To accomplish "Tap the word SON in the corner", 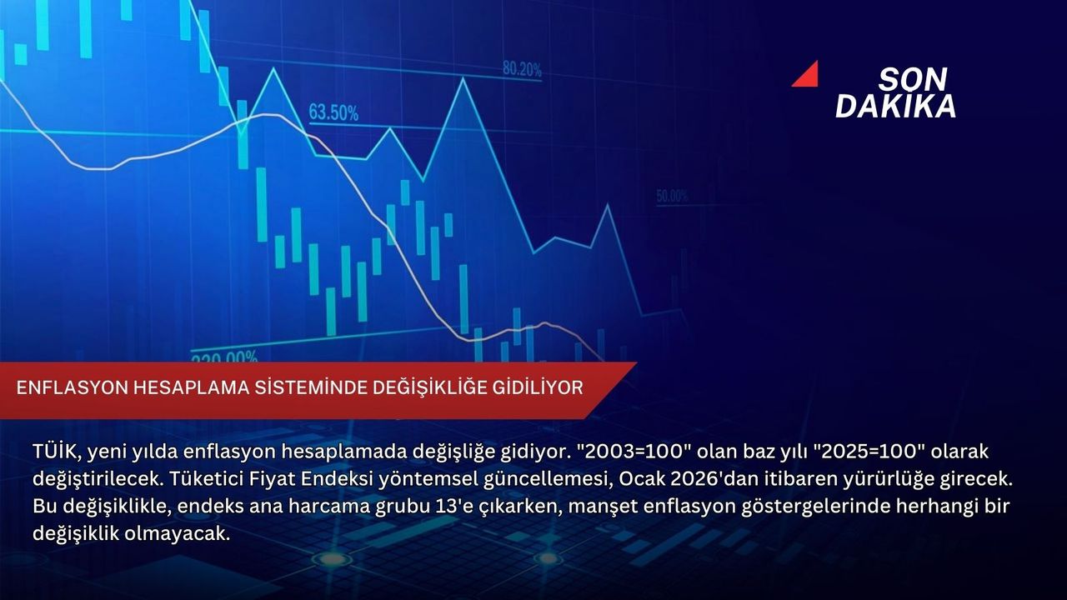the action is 913,79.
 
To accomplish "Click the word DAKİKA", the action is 895,106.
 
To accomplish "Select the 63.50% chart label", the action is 333,112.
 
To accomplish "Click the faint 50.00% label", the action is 672,196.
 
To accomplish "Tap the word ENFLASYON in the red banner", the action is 73,388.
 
